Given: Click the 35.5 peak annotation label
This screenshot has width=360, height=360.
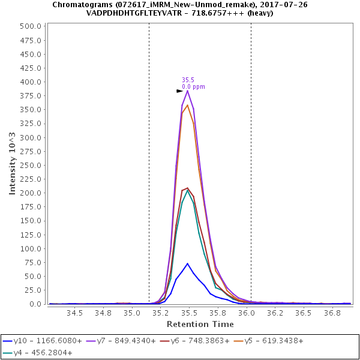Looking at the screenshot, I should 188,79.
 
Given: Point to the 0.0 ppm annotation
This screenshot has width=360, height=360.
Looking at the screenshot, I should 193,86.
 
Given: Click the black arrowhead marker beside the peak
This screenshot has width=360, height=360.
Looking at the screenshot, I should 179,91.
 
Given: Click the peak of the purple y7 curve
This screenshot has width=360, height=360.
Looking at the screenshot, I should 188,91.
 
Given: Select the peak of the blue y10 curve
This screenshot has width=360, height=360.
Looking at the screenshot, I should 188,263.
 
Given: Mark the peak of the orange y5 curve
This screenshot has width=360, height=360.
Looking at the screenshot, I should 188,105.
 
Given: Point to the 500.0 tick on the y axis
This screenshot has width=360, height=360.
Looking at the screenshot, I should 30,26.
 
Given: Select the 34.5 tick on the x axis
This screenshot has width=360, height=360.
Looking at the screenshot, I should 74,313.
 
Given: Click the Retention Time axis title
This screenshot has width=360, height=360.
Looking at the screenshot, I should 200,324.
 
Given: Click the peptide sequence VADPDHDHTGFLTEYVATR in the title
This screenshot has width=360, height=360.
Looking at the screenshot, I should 129,13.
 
